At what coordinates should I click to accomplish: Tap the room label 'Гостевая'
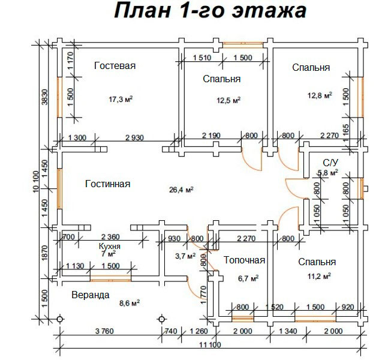tap(115, 66)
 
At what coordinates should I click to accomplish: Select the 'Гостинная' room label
tap(107, 184)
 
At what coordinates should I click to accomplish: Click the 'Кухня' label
tap(110, 246)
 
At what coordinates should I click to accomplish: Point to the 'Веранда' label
tap(90, 295)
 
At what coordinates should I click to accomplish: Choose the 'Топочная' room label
tap(245, 260)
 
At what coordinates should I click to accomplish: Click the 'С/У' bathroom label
tap(330, 163)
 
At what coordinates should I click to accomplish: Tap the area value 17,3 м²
tap(121, 99)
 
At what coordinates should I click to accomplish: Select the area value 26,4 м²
tap(181, 190)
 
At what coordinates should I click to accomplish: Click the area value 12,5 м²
tap(228, 100)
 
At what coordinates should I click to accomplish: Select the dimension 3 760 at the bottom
tap(106, 331)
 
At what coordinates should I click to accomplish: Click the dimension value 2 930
tap(134, 138)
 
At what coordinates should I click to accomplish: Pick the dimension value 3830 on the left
tap(44, 95)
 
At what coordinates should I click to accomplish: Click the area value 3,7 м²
tap(185, 256)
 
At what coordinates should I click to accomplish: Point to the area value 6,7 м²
tap(247, 278)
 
